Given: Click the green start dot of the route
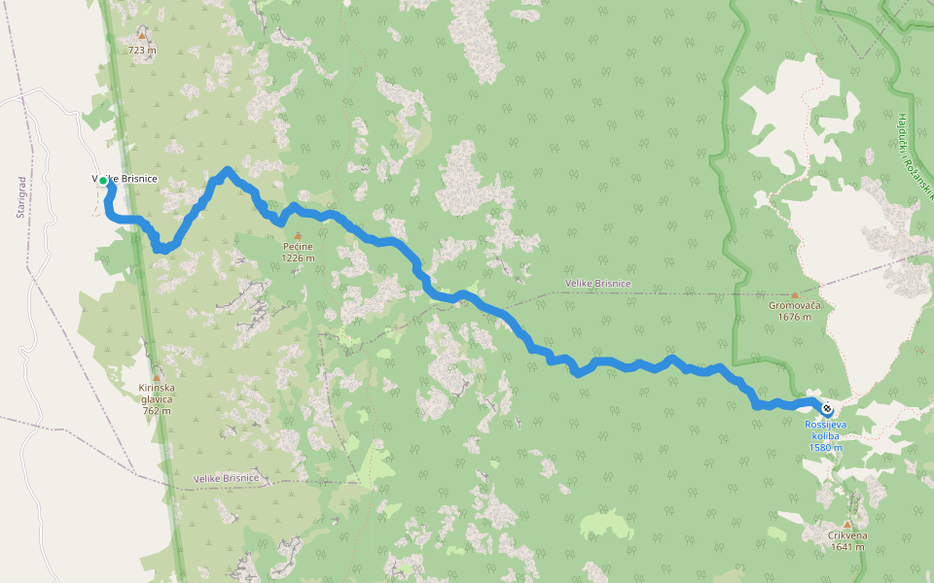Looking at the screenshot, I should pyautogui.click(x=103, y=180).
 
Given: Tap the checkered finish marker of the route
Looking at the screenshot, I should pyautogui.click(x=826, y=408).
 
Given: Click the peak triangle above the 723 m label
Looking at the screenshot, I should pyautogui.click(x=142, y=36).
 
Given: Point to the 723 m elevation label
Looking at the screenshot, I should pyautogui.click(x=142, y=51).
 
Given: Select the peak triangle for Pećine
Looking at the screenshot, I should pyautogui.click(x=298, y=235).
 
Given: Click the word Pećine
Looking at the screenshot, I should pyautogui.click(x=298, y=248).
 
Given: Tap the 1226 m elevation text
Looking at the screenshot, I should pyautogui.click(x=298, y=258).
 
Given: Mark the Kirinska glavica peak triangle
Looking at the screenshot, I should pyautogui.click(x=157, y=376).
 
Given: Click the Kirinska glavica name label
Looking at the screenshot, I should pyautogui.click(x=156, y=394).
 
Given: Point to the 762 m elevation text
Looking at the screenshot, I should pyautogui.click(x=156, y=410).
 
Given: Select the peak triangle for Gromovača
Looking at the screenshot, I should pyautogui.click(x=794, y=294).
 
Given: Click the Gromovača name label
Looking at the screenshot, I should pyautogui.click(x=794, y=306).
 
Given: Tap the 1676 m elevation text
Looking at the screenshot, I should pyautogui.click(x=794, y=317).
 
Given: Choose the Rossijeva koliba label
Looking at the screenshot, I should pyautogui.click(x=825, y=429).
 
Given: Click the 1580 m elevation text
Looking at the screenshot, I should pyautogui.click(x=825, y=447).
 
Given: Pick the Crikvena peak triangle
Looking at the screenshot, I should pyautogui.click(x=847, y=524).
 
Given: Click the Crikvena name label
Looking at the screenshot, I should pyautogui.click(x=847, y=535).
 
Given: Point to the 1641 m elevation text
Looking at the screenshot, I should pyautogui.click(x=847, y=546).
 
